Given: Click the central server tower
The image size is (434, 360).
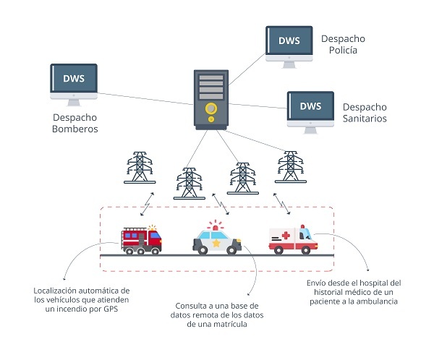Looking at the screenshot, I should (211, 100).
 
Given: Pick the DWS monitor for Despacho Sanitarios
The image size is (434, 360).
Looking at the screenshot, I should (310, 107).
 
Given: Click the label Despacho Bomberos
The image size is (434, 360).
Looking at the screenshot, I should (75, 124).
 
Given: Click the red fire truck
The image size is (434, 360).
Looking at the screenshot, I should (142, 239).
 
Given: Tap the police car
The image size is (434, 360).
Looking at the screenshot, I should (216, 239).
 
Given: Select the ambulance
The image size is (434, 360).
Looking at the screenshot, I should (292, 240).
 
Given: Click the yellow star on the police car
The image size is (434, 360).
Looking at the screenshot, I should (215, 243).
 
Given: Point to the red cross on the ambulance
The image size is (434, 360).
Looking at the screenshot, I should (285, 236).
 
